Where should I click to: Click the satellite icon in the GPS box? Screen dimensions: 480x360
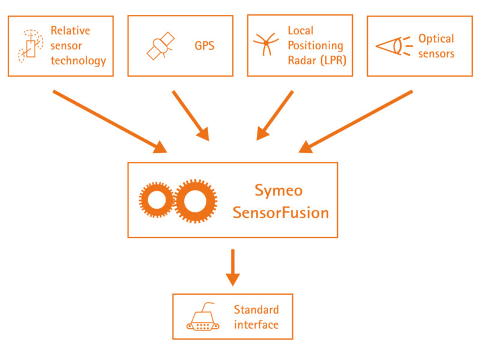[x=160, y=46]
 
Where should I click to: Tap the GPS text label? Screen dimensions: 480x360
[x=205, y=46]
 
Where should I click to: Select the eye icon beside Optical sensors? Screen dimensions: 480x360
[x=393, y=46]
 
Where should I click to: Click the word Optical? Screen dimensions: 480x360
[x=436, y=39]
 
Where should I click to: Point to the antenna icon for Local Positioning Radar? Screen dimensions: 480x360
[x=266, y=44]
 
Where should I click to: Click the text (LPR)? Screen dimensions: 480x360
[x=334, y=61]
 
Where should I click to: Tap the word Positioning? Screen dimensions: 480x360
[x=316, y=46]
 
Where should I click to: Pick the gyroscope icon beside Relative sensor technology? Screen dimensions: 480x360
[x=31, y=46]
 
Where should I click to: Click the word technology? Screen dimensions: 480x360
[x=79, y=61]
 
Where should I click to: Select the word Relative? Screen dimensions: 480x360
[x=70, y=31]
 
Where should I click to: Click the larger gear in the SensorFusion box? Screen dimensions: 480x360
[x=196, y=201]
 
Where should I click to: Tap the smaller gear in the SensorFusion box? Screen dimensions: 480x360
[x=157, y=200]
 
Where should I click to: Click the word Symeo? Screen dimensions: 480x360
[x=278, y=191]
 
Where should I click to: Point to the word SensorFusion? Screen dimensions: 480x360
[x=281, y=212]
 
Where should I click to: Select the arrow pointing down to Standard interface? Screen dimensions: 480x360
[x=233, y=268]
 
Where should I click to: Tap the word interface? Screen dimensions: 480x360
[x=256, y=325]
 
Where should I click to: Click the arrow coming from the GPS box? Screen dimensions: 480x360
[x=191, y=116]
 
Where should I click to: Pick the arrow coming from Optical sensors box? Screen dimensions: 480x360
[x=355, y=122]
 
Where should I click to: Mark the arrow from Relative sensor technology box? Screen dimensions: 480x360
[x=110, y=122]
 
